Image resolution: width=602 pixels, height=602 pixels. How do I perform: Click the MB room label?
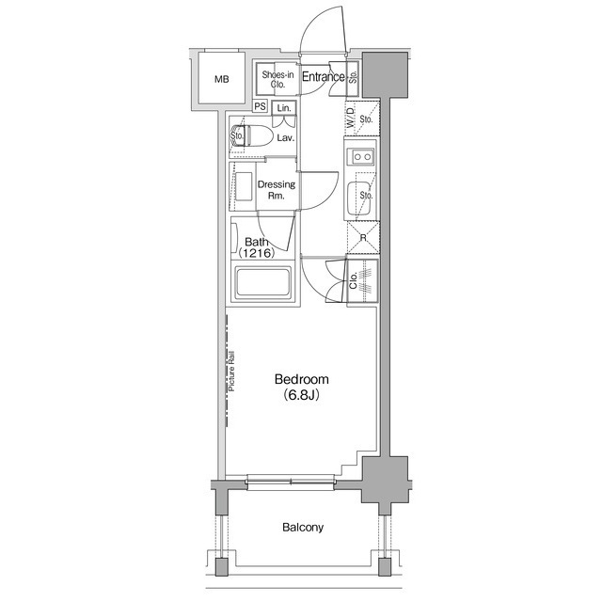pyautogui.click(x=222, y=79)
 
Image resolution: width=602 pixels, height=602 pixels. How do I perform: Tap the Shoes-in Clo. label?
pyautogui.click(x=277, y=79)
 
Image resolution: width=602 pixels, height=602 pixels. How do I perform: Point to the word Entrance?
pyautogui.click(x=324, y=77)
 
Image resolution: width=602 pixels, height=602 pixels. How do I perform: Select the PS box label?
pyautogui.click(x=259, y=108)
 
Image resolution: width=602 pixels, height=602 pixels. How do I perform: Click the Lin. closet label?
pyautogui.click(x=283, y=108)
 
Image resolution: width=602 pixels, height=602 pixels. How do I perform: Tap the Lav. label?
pyautogui.click(x=286, y=138)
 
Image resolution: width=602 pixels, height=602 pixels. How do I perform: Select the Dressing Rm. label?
pyautogui.click(x=277, y=190)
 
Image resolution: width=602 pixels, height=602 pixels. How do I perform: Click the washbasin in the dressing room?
pyautogui.click(x=244, y=183)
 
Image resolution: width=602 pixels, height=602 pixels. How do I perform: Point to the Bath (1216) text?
pyautogui.click(x=257, y=248)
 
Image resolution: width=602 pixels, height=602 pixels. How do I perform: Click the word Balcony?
pyautogui.click(x=303, y=528)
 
